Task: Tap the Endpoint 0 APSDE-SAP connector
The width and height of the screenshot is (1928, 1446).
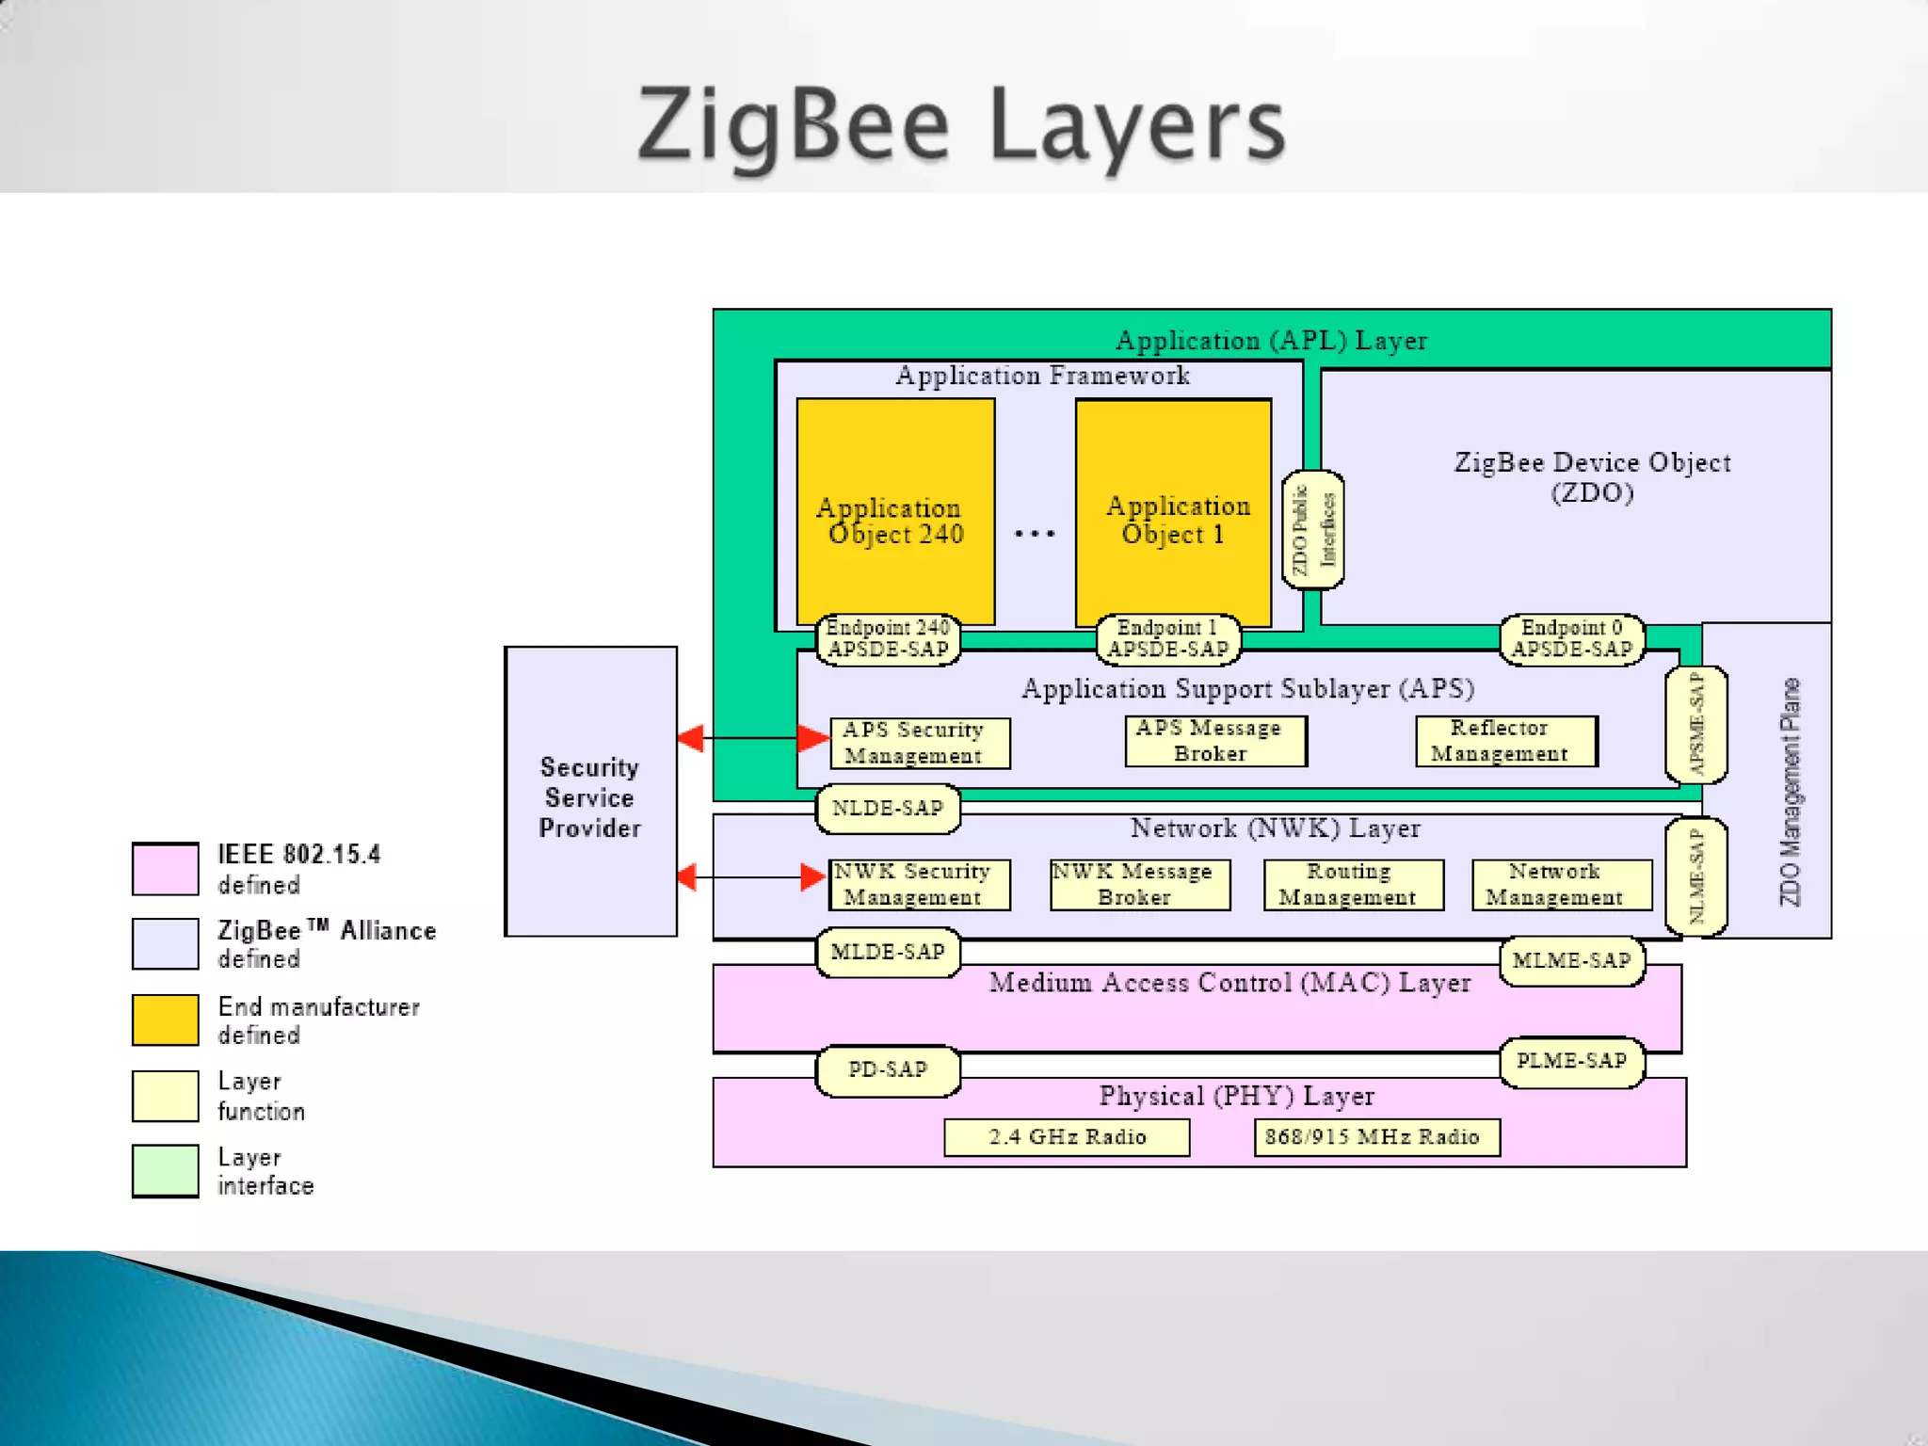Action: click(1571, 639)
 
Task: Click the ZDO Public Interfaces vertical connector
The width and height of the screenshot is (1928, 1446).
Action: click(1312, 530)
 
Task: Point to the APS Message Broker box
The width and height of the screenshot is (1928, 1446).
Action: click(1214, 741)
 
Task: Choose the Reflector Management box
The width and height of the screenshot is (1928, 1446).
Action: click(1505, 741)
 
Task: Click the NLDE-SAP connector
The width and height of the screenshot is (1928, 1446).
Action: click(888, 808)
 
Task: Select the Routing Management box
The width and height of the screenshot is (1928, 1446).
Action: click(1353, 884)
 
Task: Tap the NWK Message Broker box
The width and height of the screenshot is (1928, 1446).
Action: click(1139, 884)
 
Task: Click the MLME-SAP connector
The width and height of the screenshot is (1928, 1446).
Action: click(1571, 960)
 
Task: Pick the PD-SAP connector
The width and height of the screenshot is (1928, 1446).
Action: click(888, 1069)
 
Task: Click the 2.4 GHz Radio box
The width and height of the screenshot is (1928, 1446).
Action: click(1067, 1137)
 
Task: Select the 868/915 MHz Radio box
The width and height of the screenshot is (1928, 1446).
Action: click(1375, 1137)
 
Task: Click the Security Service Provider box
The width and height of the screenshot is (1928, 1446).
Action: click(590, 791)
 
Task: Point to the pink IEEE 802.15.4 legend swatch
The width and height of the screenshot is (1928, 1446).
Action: click(166, 868)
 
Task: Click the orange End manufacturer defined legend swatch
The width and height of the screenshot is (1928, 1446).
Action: click(166, 1020)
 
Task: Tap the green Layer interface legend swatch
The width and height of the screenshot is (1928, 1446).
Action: click(166, 1170)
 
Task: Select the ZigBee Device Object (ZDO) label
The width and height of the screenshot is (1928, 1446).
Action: click(1591, 477)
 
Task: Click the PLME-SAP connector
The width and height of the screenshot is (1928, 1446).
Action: click(1571, 1061)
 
